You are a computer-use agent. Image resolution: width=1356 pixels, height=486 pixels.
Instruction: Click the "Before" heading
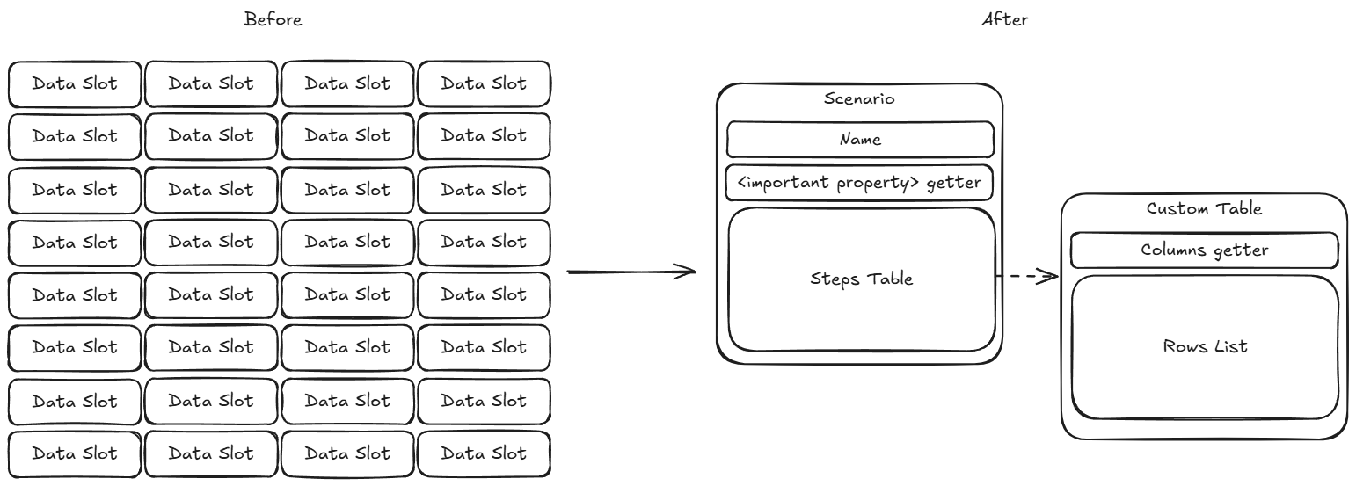[x=273, y=19]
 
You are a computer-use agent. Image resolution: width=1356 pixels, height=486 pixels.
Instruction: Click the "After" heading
[x=1004, y=19]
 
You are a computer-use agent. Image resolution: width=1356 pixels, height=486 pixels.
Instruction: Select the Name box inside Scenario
[x=860, y=140]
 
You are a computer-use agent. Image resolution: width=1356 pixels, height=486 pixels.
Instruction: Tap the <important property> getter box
[x=860, y=184]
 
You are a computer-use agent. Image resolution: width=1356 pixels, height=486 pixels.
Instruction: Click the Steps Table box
[x=861, y=279]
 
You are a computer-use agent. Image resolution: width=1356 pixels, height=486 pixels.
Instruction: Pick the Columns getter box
[x=1204, y=250]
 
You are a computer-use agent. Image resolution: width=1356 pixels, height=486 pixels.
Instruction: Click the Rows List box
[x=1204, y=346]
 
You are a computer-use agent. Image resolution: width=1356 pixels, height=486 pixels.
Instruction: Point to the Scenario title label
[x=859, y=98]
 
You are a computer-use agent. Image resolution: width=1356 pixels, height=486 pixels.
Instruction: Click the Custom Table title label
[x=1204, y=208]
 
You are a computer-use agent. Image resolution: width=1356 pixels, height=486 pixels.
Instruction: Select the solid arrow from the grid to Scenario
[x=631, y=272]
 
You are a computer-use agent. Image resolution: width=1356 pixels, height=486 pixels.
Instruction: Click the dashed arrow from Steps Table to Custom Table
[x=1026, y=278]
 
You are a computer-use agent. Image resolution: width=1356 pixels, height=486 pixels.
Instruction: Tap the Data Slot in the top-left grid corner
[x=75, y=83]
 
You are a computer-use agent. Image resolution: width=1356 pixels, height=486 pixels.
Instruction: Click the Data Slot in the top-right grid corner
[x=484, y=83]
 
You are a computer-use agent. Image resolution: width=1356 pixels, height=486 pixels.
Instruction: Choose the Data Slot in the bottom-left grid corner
[x=75, y=453]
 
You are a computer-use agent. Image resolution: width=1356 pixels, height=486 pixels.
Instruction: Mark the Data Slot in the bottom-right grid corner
[x=484, y=453]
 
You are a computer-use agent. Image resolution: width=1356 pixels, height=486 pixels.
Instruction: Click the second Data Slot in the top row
[x=211, y=83]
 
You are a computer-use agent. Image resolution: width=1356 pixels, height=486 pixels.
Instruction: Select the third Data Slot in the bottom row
[x=347, y=453]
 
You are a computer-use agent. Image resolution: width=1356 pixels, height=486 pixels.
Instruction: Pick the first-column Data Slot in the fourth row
[x=75, y=242]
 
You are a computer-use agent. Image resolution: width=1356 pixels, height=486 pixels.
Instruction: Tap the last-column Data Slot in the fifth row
[x=484, y=294]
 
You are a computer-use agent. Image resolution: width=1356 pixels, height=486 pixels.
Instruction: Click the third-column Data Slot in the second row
[x=347, y=135]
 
